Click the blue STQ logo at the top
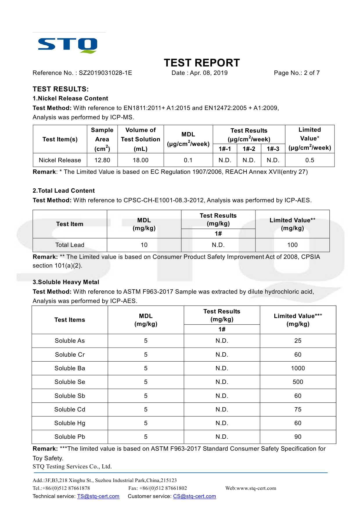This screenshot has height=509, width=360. tap(68, 45)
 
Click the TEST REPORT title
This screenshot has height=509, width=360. tap(202, 63)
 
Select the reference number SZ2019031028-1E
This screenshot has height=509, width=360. tap(105, 73)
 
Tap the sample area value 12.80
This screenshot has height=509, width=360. tap(102, 160)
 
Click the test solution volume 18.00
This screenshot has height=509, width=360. tap(141, 160)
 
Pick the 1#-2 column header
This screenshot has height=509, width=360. tap(249, 149)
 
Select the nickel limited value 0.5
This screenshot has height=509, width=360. tap(309, 160)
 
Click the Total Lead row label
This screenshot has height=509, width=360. tap(70, 245)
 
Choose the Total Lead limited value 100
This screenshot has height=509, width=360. tap(292, 245)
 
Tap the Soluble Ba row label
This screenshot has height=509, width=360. tap(70, 368)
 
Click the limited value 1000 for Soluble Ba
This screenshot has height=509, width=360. tap(298, 368)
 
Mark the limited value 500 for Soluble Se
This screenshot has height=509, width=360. tap(298, 382)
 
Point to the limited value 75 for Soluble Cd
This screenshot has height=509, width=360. tap(298, 409)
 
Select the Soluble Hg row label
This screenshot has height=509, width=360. tap(70, 423)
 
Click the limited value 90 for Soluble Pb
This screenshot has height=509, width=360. tap(298, 437)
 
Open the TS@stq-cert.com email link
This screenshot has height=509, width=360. tap(98, 496)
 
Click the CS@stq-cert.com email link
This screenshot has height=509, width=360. tap(195, 496)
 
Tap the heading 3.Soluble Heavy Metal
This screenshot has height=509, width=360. tap(66, 282)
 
